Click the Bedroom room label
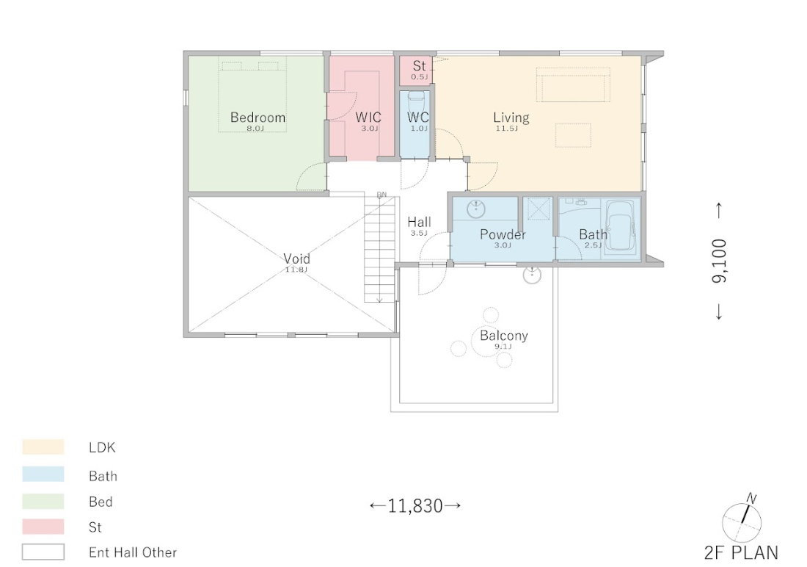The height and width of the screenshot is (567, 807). pyautogui.click(x=258, y=118)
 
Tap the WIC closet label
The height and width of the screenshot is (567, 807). pyautogui.click(x=368, y=117)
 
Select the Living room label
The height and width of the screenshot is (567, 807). pyautogui.click(x=511, y=118)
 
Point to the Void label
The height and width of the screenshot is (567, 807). pyautogui.click(x=296, y=259)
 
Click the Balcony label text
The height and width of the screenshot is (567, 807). pyautogui.click(x=504, y=336)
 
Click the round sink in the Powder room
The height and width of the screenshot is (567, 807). pyautogui.click(x=476, y=209)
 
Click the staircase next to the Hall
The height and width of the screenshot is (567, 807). pyautogui.click(x=380, y=248)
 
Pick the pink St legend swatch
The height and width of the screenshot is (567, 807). pyautogui.click(x=43, y=527)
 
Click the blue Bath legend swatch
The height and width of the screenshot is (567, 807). pyautogui.click(x=43, y=474)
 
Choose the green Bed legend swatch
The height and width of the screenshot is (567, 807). pyautogui.click(x=43, y=501)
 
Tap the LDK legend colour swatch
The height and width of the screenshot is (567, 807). pyautogui.click(x=43, y=447)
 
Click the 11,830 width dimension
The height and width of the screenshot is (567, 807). pyautogui.click(x=415, y=506)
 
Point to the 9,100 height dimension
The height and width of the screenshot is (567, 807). pyautogui.click(x=720, y=261)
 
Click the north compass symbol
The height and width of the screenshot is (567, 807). pyautogui.click(x=742, y=521)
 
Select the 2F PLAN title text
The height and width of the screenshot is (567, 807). pyautogui.click(x=741, y=552)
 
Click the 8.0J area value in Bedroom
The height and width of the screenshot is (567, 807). pyautogui.click(x=255, y=129)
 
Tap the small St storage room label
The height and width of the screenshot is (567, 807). pyautogui.click(x=420, y=66)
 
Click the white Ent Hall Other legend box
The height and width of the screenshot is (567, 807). pyautogui.click(x=43, y=552)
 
